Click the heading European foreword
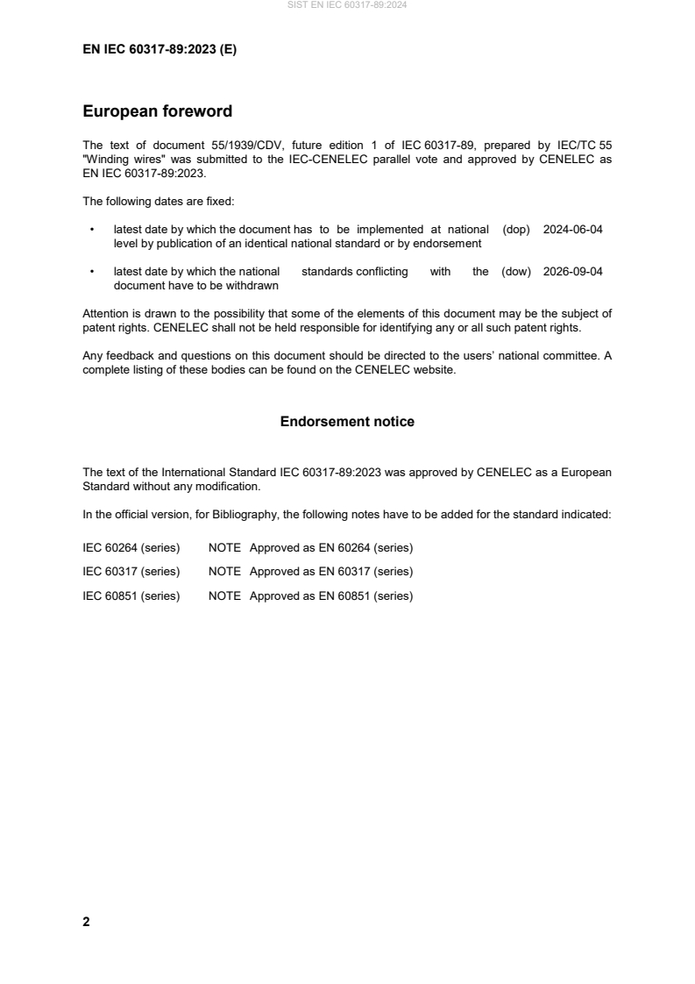(x=157, y=111)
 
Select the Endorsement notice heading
(x=347, y=422)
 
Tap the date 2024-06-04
(x=573, y=229)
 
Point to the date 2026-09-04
(x=573, y=272)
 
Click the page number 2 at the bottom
(x=86, y=922)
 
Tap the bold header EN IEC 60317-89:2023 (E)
(x=160, y=50)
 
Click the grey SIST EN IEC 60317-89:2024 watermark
(x=347, y=5)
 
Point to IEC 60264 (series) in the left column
(x=131, y=548)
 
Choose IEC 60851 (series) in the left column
(x=131, y=595)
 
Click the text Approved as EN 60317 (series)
(x=331, y=572)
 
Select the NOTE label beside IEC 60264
(x=224, y=548)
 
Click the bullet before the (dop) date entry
(x=92, y=229)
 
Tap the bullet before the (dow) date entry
(x=92, y=272)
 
